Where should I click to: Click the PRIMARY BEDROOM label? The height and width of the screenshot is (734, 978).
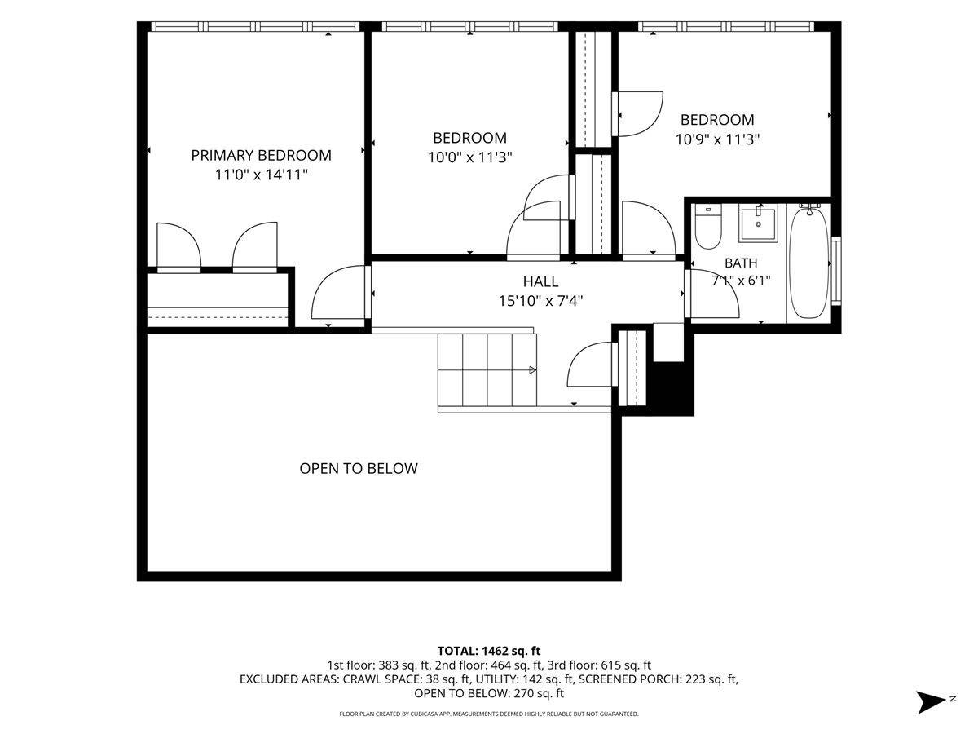(261, 155)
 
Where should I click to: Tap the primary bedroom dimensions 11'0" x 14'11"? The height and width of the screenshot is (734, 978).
(261, 175)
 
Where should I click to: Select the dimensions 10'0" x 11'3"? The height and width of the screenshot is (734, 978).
(469, 157)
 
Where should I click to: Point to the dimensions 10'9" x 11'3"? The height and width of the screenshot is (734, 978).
(717, 139)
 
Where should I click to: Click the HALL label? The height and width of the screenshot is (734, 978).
(540, 281)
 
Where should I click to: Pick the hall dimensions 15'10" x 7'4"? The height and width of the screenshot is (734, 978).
(540, 301)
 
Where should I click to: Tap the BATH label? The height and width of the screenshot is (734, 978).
(741, 263)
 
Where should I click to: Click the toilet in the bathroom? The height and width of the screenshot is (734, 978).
(708, 228)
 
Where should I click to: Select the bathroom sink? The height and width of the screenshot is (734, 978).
(758, 224)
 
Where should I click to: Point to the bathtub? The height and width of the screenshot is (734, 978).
(809, 263)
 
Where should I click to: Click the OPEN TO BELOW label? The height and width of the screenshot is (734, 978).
(359, 468)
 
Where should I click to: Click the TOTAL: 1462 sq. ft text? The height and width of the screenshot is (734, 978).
(489, 651)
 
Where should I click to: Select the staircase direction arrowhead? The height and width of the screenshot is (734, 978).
(532, 370)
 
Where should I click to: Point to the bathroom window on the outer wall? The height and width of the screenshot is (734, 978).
(836, 271)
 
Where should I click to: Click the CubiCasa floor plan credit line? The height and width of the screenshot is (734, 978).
(489, 714)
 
